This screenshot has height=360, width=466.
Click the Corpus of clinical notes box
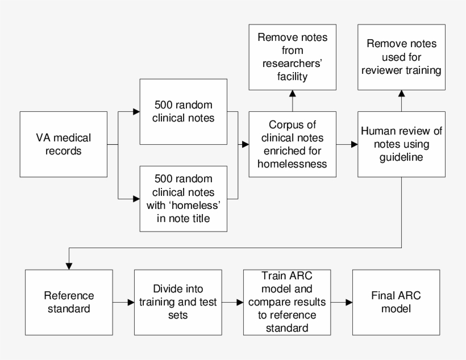point(292,144)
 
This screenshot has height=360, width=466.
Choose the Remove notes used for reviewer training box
point(401,57)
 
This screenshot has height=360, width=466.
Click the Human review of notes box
point(402,144)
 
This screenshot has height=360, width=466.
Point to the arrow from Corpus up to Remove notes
point(293,100)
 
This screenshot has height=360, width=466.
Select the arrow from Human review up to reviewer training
point(401,100)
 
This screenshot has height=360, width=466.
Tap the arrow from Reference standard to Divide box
point(123,302)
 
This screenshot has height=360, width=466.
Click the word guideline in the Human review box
point(401,158)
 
